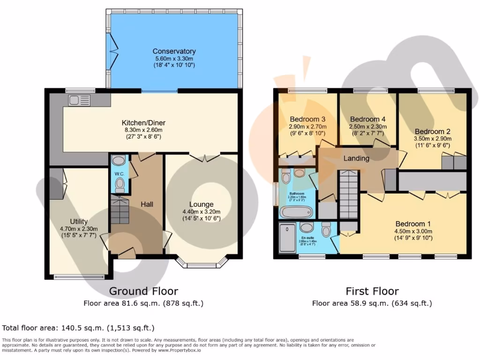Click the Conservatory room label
click(x=174, y=51)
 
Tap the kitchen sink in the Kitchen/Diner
click(x=79, y=100)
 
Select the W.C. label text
click(x=119, y=173)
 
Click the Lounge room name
click(x=201, y=204)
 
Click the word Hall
click(x=147, y=204)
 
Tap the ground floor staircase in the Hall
click(x=120, y=211)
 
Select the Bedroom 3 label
click(x=307, y=119)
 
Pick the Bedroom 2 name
click(x=432, y=132)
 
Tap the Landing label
click(x=356, y=158)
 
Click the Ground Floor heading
click(x=143, y=291)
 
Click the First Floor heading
click(x=372, y=291)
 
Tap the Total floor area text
click(x=78, y=328)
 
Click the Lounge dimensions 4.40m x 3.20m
click(x=201, y=211)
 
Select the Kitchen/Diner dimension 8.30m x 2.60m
click(x=143, y=130)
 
